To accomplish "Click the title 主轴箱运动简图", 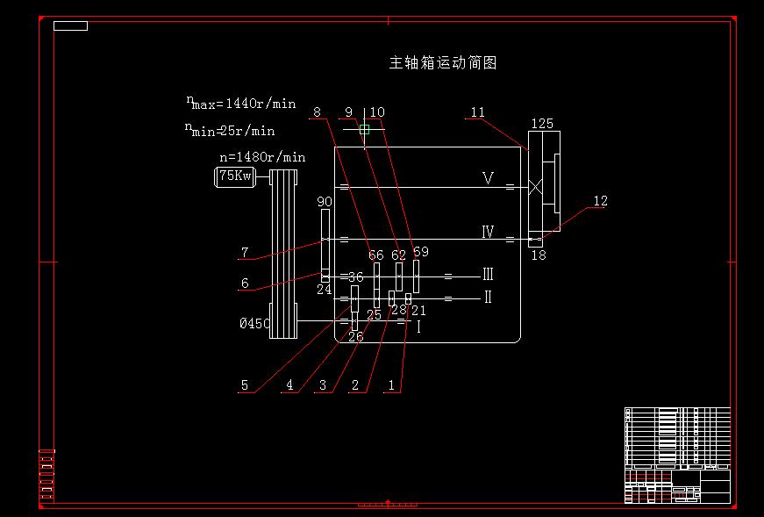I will point(443,63).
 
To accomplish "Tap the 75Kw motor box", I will point(234,177).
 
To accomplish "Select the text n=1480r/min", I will point(262,157).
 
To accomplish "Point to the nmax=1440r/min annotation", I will point(241,104).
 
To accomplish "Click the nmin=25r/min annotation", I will point(230,131).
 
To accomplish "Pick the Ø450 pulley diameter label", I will point(255,323).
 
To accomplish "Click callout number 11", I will point(477,112).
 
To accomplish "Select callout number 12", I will point(600,201).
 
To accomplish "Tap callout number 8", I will point(317,112).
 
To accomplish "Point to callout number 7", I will point(245,253).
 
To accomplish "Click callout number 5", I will point(245,384).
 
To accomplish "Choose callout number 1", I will point(391,384).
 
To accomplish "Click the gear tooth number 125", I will point(542,124).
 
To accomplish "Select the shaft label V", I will point(489,179).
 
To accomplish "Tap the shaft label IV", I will point(488,233).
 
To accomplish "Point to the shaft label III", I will point(488,275).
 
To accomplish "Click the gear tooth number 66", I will point(375,255).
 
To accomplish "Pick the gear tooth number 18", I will point(539,255).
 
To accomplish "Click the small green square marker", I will point(364,130).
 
